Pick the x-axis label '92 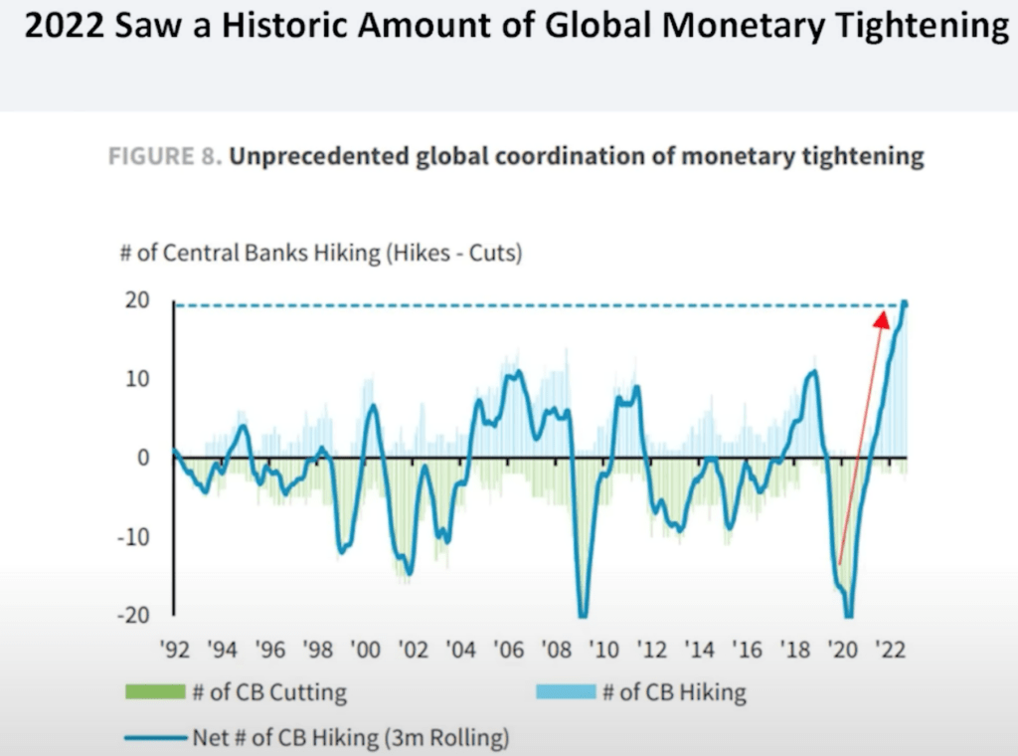pyautogui.click(x=174, y=652)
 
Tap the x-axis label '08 pyautogui.click(x=556, y=652)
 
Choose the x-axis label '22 pyautogui.click(x=888, y=652)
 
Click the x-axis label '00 pyautogui.click(x=365, y=652)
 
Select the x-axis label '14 pyautogui.click(x=699, y=652)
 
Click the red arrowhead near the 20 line pyautogui.click(x=881, y=317)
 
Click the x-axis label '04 pyautogui.click(x=460, y=652)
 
